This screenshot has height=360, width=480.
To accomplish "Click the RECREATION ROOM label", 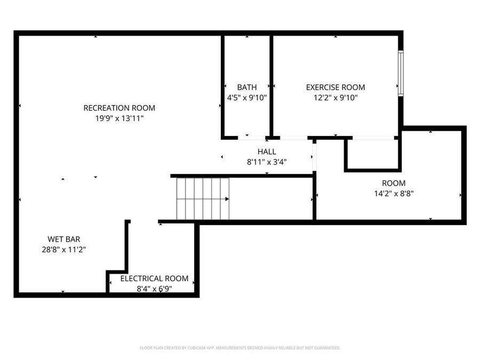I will click(x=119, y=108).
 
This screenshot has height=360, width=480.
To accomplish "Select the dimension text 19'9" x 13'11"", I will click(x=119, y=118).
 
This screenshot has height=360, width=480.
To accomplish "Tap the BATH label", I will click(x=246, y=87).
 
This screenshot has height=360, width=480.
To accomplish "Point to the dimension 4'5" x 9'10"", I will click(x=246, y=98).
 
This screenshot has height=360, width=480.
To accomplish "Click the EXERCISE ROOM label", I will click(x=335, y=87).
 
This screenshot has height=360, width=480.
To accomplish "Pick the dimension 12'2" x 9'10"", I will click(x=335, y=98).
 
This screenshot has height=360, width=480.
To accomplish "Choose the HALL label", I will click(x=267, y=151).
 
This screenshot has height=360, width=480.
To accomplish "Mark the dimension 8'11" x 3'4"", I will click(x=267, y=162).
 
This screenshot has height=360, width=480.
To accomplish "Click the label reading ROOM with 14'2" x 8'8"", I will click(x=394, y=183).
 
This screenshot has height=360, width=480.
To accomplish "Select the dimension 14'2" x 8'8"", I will click(x=394, y=194).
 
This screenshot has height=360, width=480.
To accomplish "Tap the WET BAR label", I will click(x=64, y=239).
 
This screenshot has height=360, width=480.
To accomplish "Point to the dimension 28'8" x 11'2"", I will click(x=64, y=249).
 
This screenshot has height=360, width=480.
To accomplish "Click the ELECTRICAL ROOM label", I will click(x=154, y=278).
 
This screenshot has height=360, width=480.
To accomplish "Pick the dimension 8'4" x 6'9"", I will click(x=154, y=289).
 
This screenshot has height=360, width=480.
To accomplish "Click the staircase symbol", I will click(x=203, y=198).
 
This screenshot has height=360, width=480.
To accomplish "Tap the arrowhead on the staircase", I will click(x=227, y=199).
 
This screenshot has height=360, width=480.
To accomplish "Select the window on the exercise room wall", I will click(x=401, y=73).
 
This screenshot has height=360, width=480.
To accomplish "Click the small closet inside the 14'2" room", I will click(x=372, y=154).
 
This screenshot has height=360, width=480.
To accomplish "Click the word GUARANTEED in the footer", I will click(x=326, y=348).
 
